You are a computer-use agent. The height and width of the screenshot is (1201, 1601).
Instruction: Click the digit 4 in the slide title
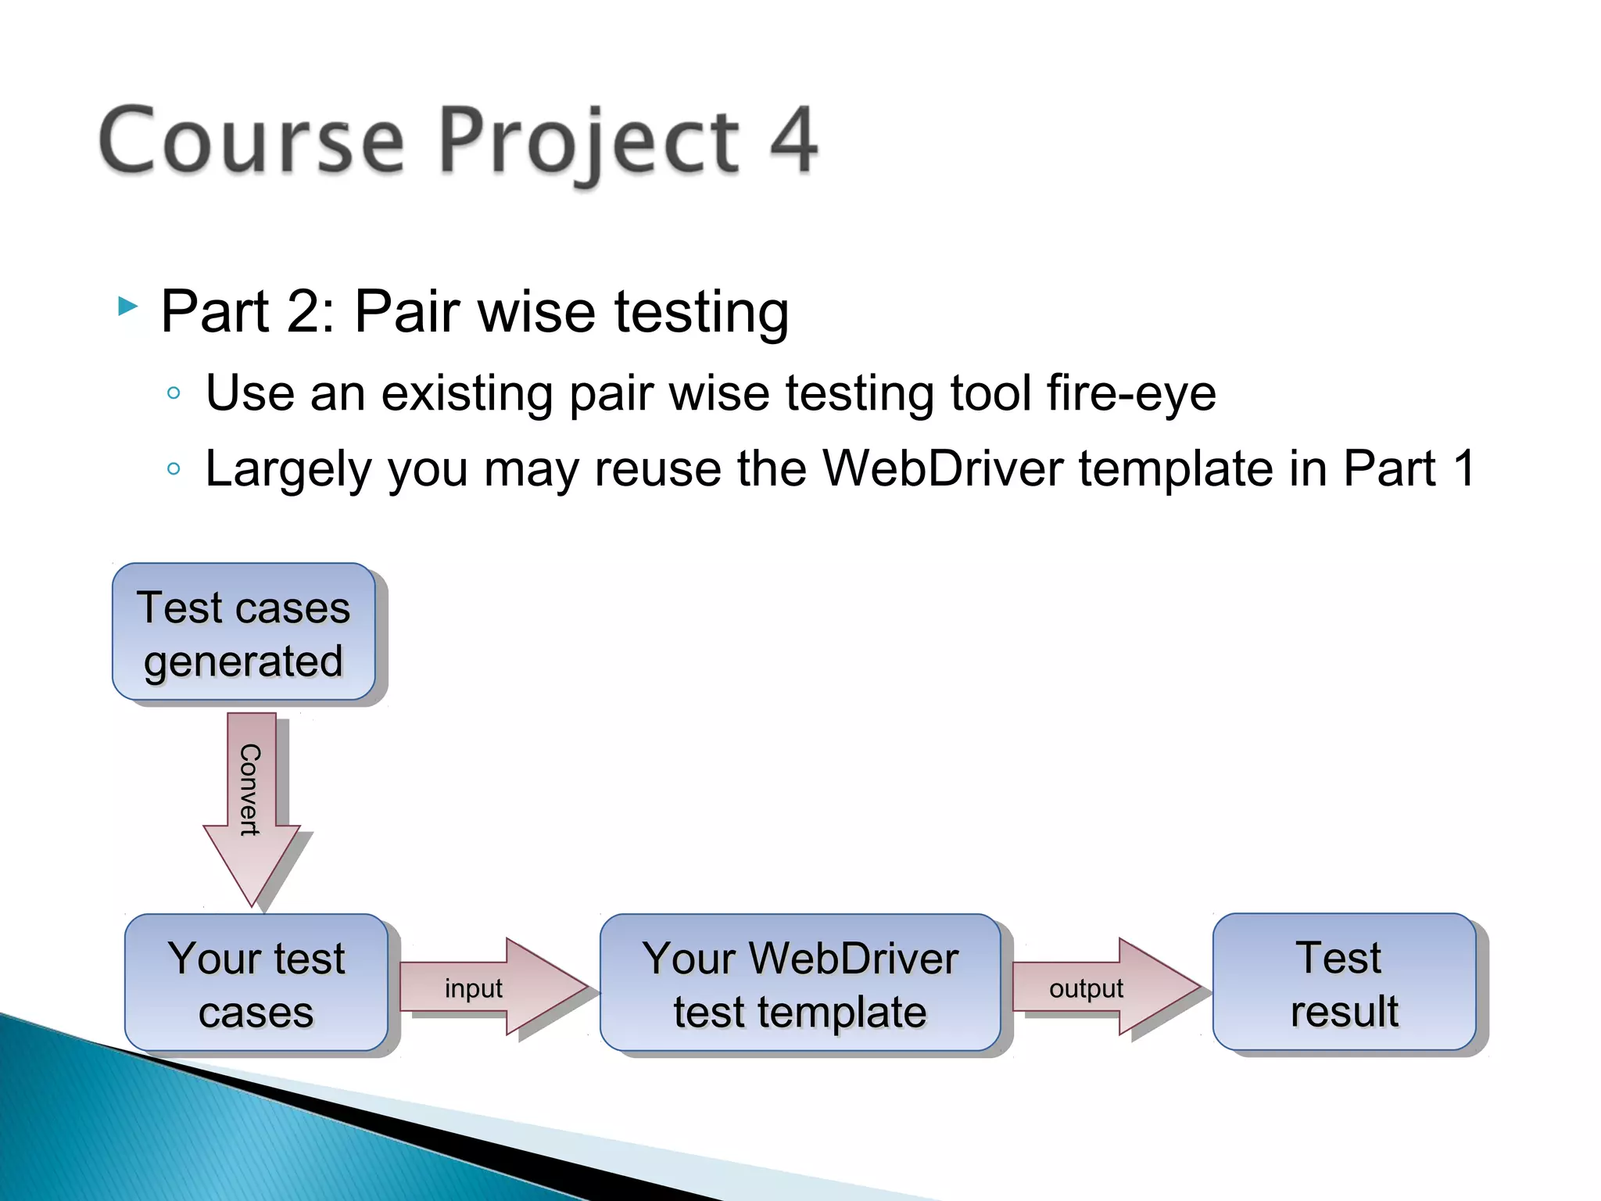point(793,141)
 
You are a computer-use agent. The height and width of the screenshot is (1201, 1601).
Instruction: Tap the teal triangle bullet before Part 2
point(127,307)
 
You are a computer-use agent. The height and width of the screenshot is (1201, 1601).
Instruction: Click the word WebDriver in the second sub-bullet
point(943,469)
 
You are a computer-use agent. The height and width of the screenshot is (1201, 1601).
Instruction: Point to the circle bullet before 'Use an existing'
point(174,393)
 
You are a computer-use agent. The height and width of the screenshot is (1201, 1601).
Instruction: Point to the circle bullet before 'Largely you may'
point(174,469)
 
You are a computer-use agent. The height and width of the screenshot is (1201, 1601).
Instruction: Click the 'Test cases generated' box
point(244,632)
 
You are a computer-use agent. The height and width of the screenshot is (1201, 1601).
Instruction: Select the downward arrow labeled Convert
point(252,805)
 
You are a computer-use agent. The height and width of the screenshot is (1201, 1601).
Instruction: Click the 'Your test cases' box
point(256,983)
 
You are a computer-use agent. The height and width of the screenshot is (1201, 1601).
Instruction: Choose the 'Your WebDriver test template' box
point(800,983)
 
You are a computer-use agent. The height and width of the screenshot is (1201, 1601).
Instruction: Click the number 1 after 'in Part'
point(1463,469)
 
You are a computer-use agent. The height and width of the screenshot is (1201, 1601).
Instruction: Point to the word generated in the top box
point(243,661)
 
